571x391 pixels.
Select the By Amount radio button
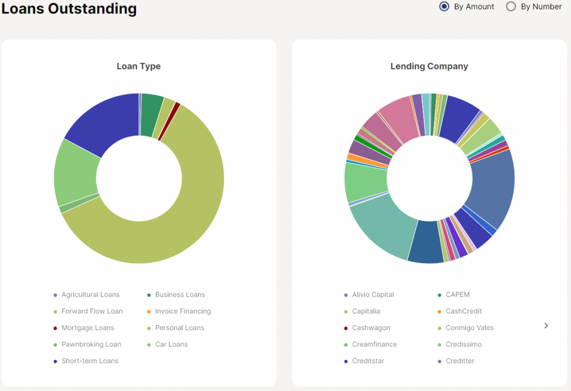point(444,7)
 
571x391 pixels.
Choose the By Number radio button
point(511,7)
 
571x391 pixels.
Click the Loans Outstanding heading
point(69,9)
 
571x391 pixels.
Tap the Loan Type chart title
point(138,66)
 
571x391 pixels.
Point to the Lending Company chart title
point(429,66)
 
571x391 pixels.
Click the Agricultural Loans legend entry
point(90,295)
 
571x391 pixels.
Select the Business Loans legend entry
point(180,295)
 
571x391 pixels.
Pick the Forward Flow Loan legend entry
point(92,311)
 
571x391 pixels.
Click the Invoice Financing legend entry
point(183,311)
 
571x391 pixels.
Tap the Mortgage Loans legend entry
point(88,328)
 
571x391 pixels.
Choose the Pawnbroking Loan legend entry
point(91,345)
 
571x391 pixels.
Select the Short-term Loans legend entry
point(90,361)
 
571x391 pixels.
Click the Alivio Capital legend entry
point(373,295)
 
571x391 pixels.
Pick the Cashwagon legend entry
point(371,328)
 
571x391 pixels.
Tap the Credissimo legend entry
point(463,345)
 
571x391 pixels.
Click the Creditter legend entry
point(460,361)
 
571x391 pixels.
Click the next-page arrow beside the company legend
point(546,326)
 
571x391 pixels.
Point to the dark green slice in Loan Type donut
point(151,114)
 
